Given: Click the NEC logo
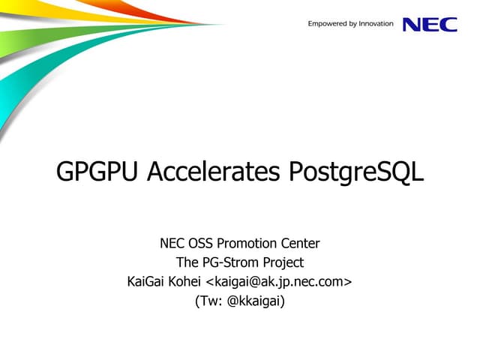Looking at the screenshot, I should [x=430, y=24].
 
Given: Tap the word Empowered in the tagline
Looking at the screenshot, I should [x=328, y=24].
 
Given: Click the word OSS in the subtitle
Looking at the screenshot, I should [x=202, y=243].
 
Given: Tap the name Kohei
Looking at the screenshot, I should [x=184, y=282].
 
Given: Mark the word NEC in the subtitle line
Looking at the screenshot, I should [x=173, y=243].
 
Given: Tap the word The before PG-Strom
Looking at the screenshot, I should [x=187, y=262].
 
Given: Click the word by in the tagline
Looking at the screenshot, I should [x=353, y=25].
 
